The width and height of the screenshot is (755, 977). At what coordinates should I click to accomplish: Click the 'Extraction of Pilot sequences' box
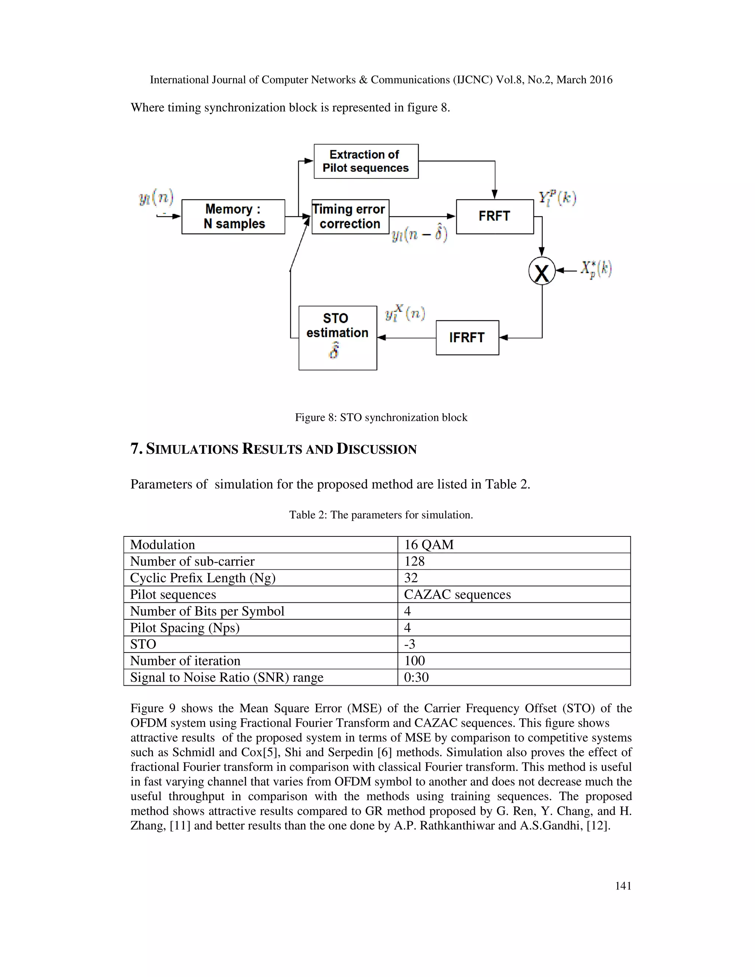pos(366,161)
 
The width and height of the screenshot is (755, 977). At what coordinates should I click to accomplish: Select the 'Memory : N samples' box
pos(233,216)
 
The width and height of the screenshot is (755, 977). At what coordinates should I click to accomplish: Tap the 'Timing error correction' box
pos(350,216)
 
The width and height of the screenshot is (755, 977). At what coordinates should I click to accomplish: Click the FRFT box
pos(495,216)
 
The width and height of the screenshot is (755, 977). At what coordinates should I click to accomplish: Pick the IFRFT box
pos(467,338)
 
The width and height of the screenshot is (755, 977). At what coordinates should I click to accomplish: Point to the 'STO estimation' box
pos(338,338)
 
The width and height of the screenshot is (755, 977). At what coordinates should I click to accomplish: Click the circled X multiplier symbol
pos(542,271)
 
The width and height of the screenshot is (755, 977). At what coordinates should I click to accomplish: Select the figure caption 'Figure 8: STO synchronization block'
pos(381,417)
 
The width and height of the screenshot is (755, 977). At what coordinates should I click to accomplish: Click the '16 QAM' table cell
pos(429,545)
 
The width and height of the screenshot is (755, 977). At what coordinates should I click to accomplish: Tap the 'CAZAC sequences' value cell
pos(457,595)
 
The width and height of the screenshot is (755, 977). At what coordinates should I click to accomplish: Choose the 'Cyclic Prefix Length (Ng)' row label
pos(203,578)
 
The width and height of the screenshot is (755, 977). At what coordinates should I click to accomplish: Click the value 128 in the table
pos(414,561)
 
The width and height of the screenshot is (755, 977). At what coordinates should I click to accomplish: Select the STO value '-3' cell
pos(410,644)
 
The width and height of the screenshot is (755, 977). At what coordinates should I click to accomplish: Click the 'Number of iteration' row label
pos(185,661)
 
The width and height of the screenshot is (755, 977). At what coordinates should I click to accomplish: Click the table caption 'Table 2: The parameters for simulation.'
pos(381,515)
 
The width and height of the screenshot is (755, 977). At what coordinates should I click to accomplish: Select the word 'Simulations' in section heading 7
pos(192,449)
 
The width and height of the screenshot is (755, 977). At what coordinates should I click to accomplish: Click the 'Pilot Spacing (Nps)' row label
pos(185,627)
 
